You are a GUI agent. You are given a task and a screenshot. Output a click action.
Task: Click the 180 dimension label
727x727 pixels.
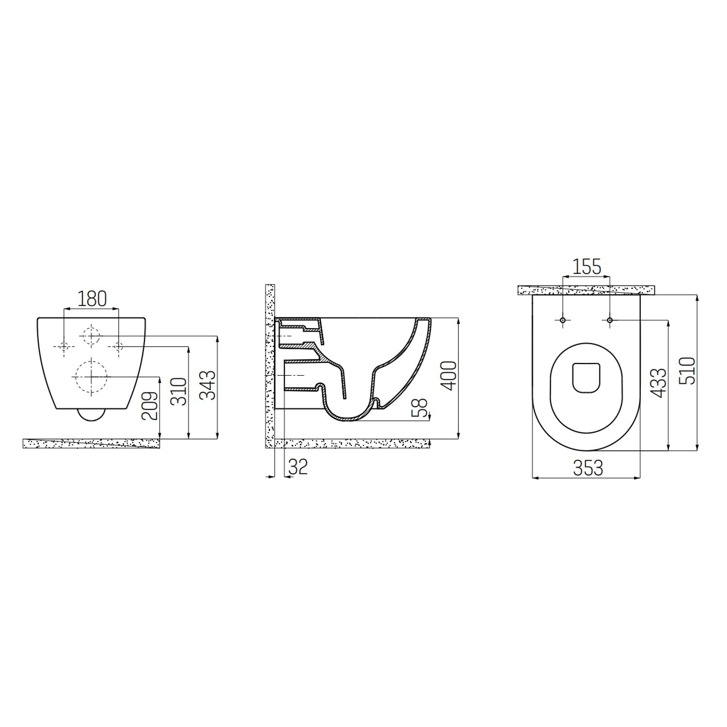(x=92, y=299)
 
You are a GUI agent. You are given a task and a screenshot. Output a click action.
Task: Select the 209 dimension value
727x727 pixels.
(x=151, y=406)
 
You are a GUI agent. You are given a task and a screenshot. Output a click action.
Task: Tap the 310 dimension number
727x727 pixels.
(x=180, y=392)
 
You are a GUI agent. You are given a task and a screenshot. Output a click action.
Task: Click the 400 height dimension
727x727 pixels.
(x=449, y=375)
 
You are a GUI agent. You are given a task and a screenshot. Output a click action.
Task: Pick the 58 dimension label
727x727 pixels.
(x=421, y=408)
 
